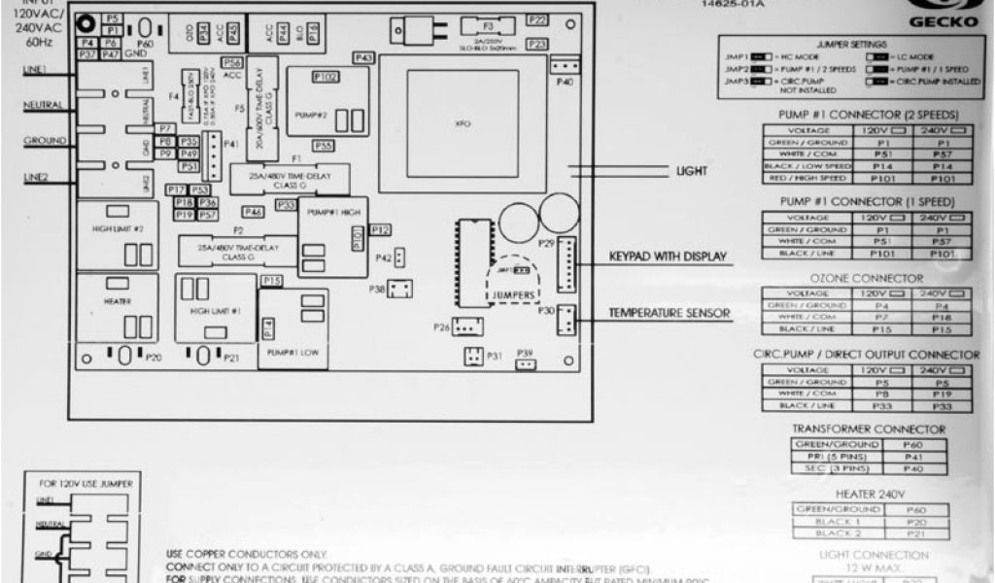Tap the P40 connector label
(x=566, y=83)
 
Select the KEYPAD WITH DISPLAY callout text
(x=669, y=257)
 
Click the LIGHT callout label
(x=692, y=171)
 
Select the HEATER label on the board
(x=117, y=301)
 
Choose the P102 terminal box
(x=326, y=76)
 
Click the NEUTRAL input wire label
(x=44, y=105)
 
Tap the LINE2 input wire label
(x=37, y=177)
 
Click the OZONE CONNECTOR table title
(x=860, y=278)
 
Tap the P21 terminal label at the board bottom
(x=231, y=359)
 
